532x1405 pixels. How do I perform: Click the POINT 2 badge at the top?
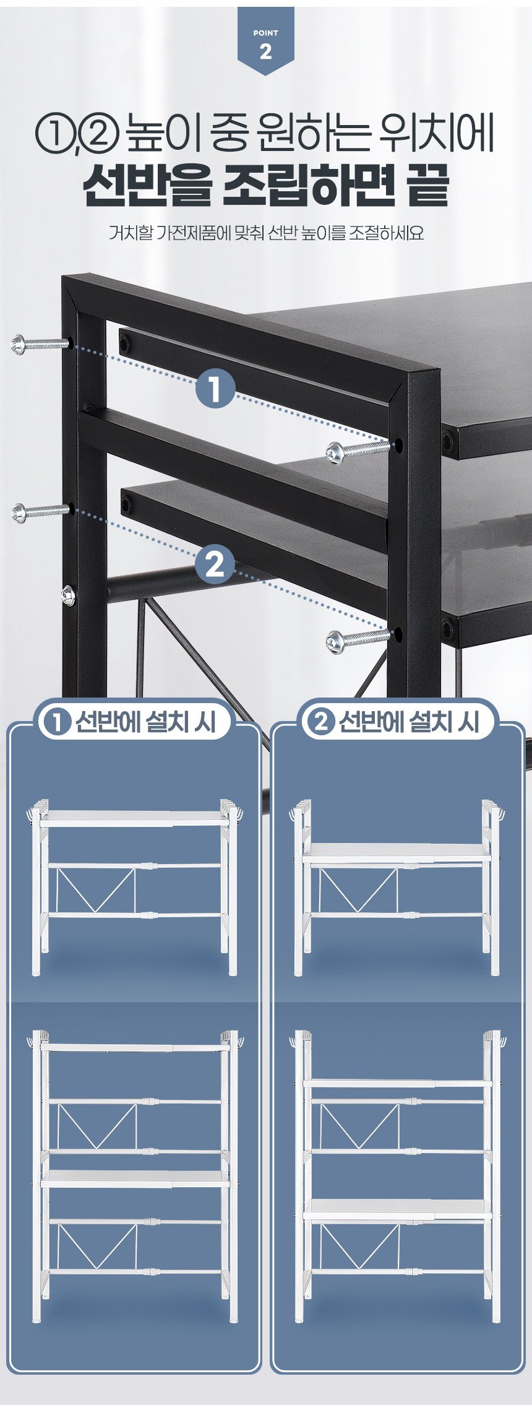click(265, 40)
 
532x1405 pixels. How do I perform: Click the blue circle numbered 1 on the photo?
click(215, 390)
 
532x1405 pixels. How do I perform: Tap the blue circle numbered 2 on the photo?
click(215, 565)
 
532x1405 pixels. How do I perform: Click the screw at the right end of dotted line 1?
click(358, 450)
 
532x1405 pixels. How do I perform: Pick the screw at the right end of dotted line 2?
click(358, 639)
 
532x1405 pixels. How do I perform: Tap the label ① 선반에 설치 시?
click(134, 722)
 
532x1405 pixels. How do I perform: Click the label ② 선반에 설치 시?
click(397, 722)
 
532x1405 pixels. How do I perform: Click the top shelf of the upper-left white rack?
click(134, 818)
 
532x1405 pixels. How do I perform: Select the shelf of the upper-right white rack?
click(397, 852)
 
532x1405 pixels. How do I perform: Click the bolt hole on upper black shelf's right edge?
click(447, 441)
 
